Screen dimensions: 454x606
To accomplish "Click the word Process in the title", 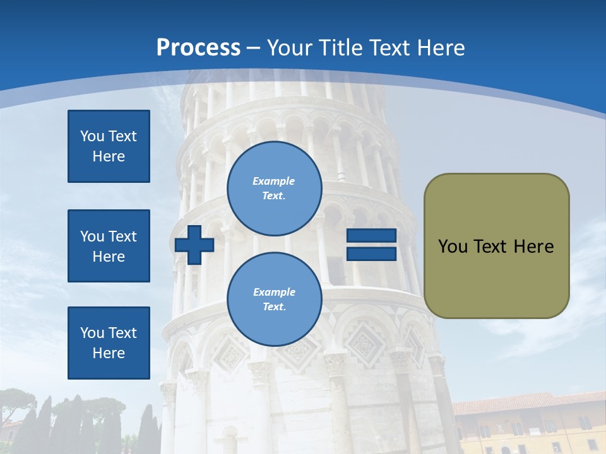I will tap(198, 48).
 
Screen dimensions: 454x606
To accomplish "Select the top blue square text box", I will tap(109, 146).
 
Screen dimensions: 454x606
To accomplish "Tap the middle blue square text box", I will tap(109, 246).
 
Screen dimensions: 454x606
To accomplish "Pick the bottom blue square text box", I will tap(109, 343).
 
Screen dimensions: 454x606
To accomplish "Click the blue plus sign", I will tap(194, 245).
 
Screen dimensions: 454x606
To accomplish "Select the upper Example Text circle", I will tap(274, 189).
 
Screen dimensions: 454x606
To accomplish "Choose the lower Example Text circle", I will tap(274, 300).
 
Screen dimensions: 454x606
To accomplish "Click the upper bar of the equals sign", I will tap(371, 236).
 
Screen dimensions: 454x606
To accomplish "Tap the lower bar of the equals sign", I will tap(371, 254).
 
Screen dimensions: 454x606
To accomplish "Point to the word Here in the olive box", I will tap(533, 247).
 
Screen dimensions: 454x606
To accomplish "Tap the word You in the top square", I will tap(92, 136).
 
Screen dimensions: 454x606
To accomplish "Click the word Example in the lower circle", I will tap(274, 292).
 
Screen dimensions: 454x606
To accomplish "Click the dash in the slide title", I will tap(253, 48).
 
